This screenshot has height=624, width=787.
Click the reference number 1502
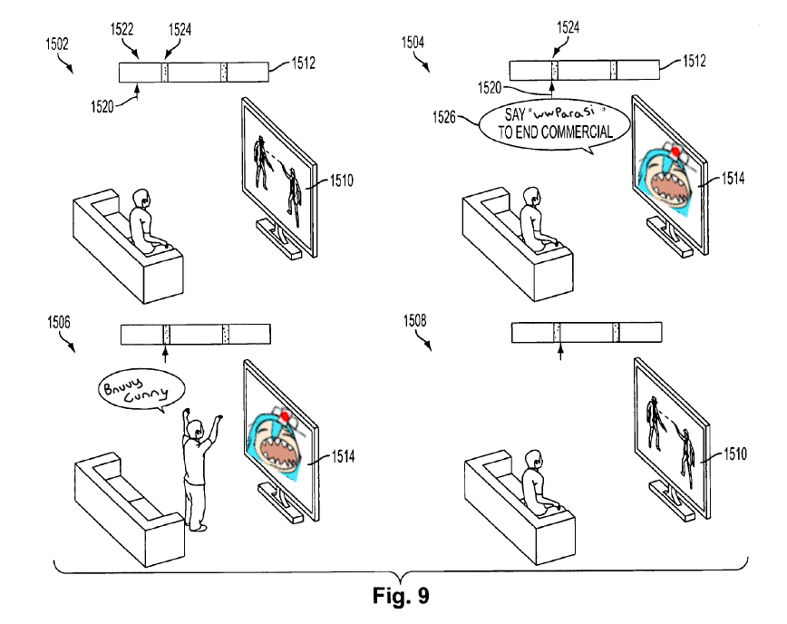(x=57, y=43)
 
